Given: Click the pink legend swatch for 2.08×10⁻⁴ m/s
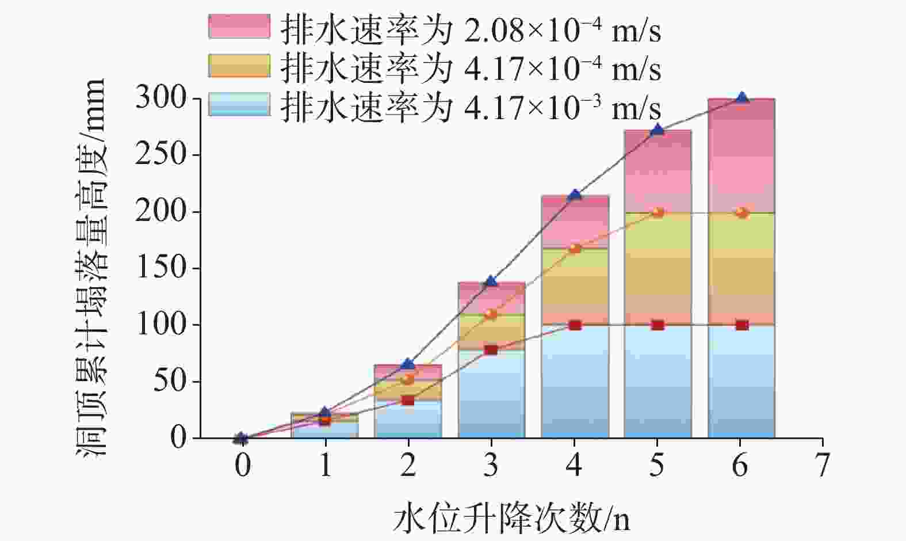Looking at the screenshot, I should [239, 26].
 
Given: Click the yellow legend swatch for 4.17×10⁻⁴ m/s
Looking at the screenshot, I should [239, 66].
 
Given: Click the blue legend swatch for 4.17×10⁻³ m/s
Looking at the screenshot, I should [239, 104].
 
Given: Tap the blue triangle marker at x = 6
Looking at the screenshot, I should [742, 98].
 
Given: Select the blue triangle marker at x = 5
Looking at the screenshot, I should [658, 130].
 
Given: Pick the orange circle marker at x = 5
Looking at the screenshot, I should [658, 212].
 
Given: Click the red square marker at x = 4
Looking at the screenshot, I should [575, 325].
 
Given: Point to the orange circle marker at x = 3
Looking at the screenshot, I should [491, 314].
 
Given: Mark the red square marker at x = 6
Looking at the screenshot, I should [742, 325].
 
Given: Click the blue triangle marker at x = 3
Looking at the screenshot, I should [491, 281].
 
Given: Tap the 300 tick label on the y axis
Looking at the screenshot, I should [161, 98].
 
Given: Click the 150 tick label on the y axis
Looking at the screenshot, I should [161, 268].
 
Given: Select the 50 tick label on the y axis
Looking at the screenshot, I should [170, 382].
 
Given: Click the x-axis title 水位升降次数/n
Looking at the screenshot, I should [511, 518].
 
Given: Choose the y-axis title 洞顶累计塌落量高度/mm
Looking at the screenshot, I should [92, 268].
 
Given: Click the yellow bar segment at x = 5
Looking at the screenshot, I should [658, 268].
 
